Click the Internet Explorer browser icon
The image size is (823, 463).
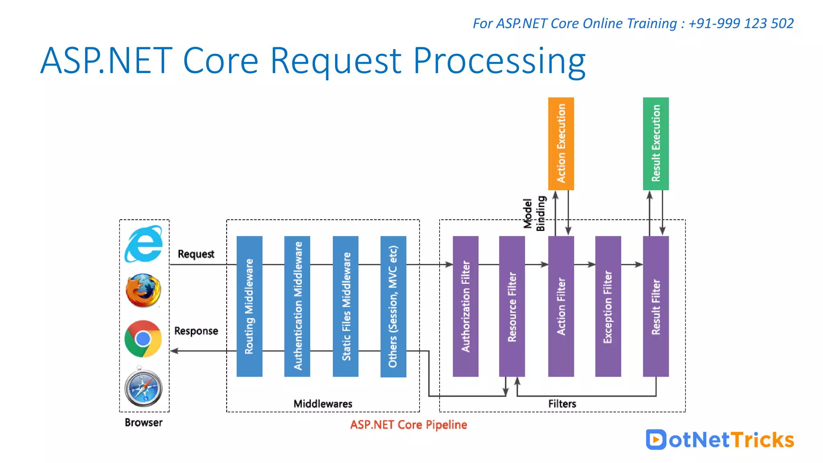143,244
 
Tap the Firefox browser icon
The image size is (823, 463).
143,291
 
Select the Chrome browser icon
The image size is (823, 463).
143,339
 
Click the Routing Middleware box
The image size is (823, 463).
250,306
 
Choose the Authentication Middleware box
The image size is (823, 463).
297,306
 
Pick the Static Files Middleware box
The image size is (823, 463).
346,306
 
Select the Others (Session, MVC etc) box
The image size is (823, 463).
393,306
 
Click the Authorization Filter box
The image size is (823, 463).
465,306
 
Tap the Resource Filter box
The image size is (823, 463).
512,306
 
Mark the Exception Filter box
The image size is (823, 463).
608,306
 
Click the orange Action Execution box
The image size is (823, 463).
561,143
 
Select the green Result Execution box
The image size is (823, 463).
656,143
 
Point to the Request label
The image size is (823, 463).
196,254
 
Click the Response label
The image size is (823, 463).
196,331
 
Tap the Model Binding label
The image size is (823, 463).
534,213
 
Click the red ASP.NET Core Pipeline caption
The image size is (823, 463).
408,425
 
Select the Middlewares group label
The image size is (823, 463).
323,404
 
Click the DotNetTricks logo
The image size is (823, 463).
720,440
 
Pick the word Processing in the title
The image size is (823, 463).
499,61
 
